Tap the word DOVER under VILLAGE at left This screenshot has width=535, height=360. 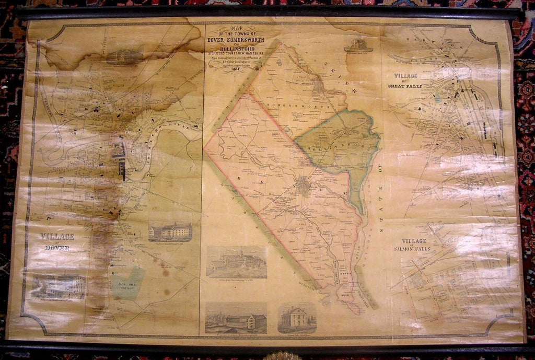tap(57, 247)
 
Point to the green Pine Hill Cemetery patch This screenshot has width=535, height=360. tap(127, 283)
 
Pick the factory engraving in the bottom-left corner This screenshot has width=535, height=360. tap(58, 286)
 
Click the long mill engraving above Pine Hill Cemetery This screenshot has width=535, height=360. tap(170, 231)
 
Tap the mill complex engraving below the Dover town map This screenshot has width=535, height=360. tap(236, 262)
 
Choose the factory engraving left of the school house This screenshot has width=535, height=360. tap(236, 318)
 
